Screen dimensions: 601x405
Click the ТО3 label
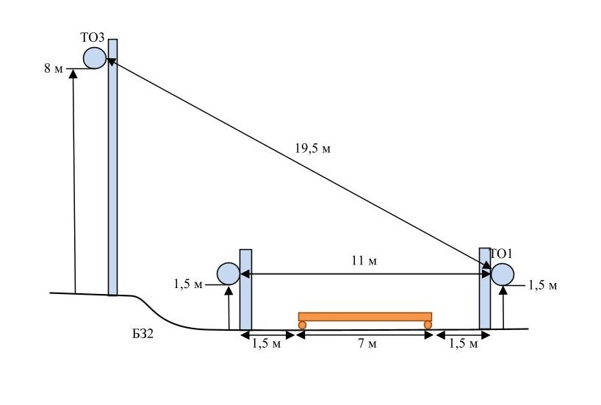click(x=92, y=37)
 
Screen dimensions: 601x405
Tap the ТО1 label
click(x=502, y=254)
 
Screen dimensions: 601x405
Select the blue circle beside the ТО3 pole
click(x=95, y=58)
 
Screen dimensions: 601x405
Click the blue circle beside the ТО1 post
click(x=503, y=275)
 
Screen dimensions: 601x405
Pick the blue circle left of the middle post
click(x=228, y=274)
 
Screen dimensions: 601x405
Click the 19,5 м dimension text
click(x=313, y=148)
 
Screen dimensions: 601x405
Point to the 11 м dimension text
click(x=364, y=261)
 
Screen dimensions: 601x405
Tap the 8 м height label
click(x=54, y=68)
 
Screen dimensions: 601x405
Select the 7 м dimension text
click(x=367, y=344)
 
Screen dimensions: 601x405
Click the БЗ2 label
click(x=143, y=334)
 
